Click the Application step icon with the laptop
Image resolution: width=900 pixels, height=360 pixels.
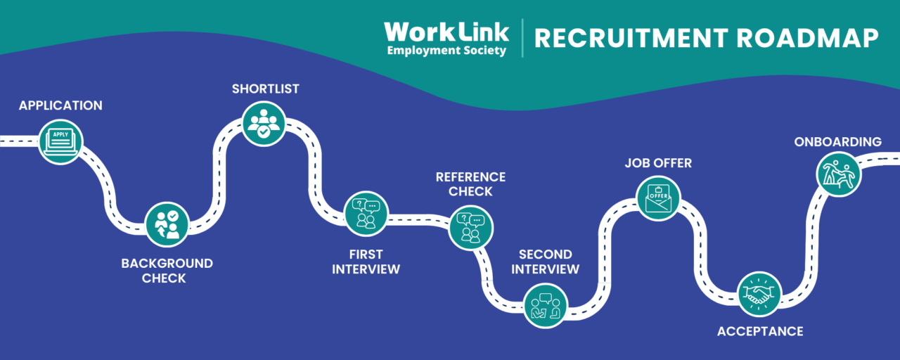pos(60,141)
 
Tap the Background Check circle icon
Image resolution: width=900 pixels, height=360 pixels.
pos(167,224)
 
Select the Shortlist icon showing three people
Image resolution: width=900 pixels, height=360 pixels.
pos(264,123)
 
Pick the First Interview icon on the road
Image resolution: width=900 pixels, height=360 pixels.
pos(366,213)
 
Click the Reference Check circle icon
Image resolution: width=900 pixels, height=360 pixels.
pos(470,227)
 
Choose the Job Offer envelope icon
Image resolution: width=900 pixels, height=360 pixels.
pos(658,197)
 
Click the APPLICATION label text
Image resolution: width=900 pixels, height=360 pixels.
pos(60,105)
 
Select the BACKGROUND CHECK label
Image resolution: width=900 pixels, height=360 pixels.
pos(167,271)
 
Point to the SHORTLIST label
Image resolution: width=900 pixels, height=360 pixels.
pos(266,89)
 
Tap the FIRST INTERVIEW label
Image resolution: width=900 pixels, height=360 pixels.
pos(366,262)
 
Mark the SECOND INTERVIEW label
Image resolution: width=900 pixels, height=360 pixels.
pos(545,262)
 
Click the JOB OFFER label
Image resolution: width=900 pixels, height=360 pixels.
pos(658,163)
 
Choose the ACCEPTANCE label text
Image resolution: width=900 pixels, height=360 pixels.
pos(759,331)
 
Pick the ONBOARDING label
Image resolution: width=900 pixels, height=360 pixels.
pos(837,142)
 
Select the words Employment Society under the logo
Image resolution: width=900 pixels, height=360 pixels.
pos(446,51)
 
